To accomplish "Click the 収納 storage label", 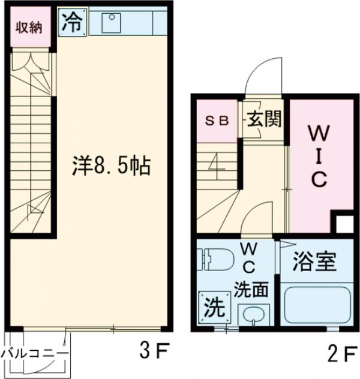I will point(29,27).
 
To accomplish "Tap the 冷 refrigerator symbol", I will point(72,23).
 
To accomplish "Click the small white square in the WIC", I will point(344,224).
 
